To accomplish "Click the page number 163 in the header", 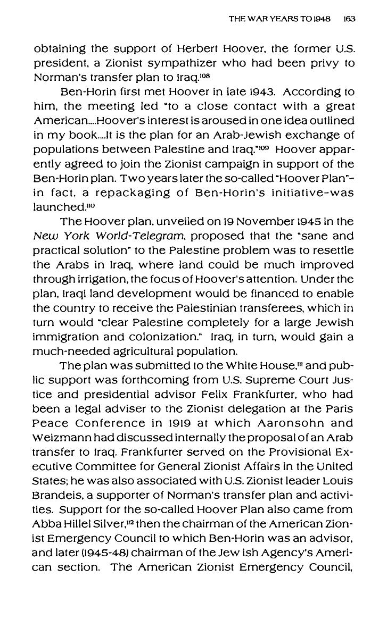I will coord(350,19).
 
